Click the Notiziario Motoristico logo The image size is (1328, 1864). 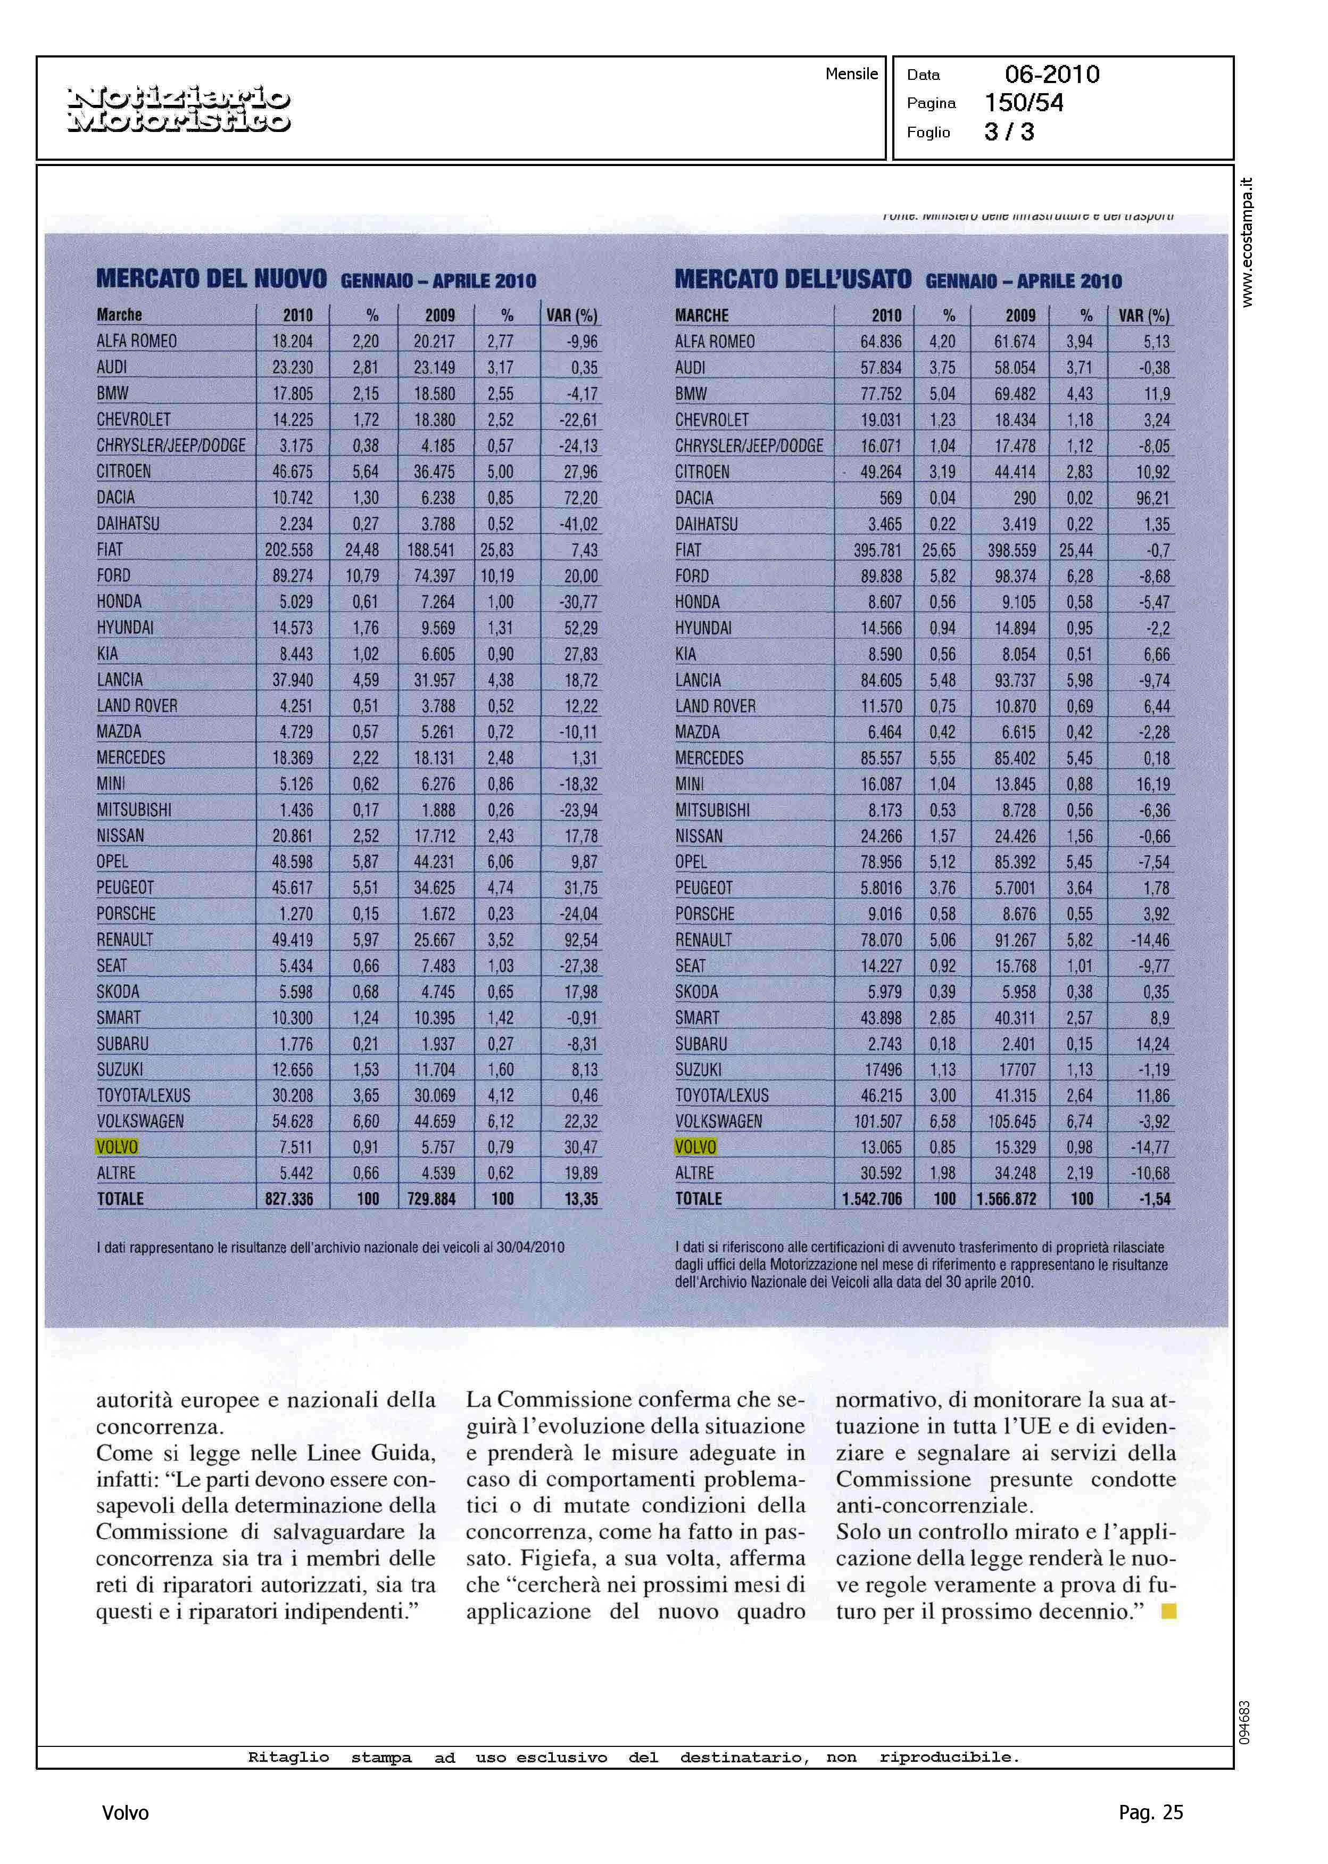[x=178, y=110]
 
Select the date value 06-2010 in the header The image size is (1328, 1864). [x=1052, y=75]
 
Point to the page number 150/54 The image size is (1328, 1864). [x=1024, y=103]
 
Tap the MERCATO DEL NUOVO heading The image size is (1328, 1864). [x=211, y=279]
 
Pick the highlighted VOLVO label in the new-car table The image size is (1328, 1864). [x=117, y=1147]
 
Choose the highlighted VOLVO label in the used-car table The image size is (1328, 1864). [x=695, y=1147]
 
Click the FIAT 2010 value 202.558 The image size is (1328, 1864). [x=289, y=550]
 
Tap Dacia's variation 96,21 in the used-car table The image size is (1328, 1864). [x=1152, y=498]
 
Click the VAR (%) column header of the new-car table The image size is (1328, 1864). [x=571, y=316]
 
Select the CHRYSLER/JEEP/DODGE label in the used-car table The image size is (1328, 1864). [x=749, y=446]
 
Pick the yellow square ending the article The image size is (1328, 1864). [x=1169, y=1612]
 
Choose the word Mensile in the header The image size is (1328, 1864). [x=851, y=75]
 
